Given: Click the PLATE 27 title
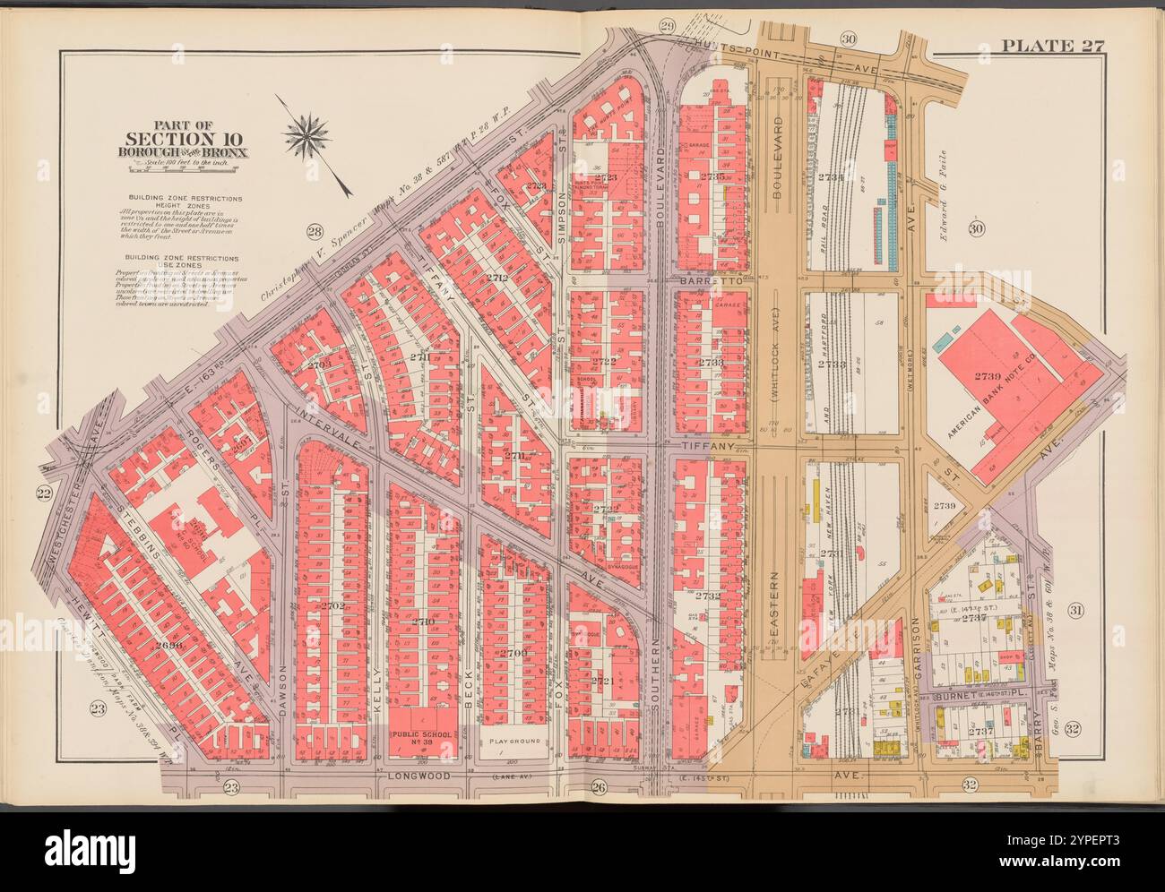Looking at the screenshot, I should [1051, 47].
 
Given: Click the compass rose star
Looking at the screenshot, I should [306, 135].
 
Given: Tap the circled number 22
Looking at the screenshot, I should [42, 493].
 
